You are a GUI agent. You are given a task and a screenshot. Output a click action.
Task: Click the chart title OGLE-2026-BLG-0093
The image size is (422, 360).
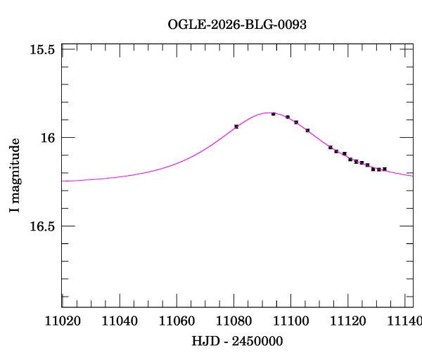pos(237,25)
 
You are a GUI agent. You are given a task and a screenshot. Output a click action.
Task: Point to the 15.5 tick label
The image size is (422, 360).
pos(43,50)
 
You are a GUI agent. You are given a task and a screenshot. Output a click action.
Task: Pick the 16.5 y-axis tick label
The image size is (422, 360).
pos(43,226)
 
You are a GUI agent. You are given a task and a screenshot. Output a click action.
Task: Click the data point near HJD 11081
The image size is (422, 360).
pos(236,127)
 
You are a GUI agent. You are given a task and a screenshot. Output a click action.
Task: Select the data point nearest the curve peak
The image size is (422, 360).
pos(273,114)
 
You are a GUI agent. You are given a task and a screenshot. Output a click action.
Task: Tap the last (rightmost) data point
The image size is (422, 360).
pos(384,169)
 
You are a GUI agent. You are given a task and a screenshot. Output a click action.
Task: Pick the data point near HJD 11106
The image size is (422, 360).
pos(307,130)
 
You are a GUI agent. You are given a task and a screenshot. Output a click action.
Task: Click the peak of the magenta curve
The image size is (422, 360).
pos(269,112)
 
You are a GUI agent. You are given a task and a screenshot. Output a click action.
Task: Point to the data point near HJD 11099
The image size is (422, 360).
pos(288,117)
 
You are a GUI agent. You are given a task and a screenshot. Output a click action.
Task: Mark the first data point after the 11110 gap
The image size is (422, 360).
pos(331,148)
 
